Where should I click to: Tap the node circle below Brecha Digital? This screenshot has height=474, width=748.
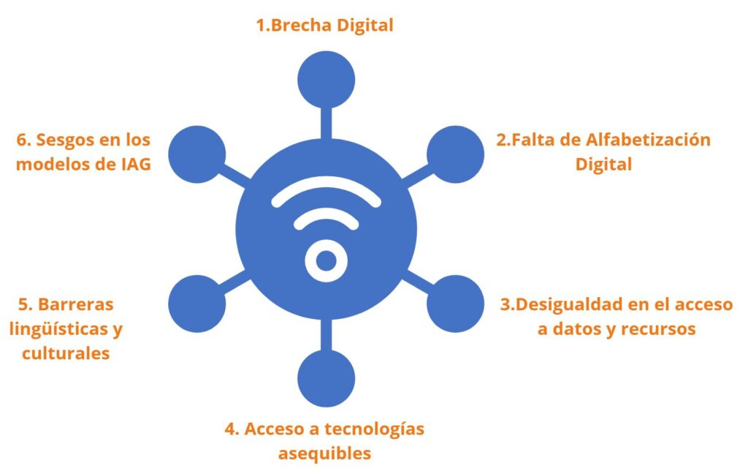click(327, 79)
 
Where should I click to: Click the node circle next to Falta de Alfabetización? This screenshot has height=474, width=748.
click(455, 154)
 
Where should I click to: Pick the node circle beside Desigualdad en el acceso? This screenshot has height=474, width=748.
click(455, 304)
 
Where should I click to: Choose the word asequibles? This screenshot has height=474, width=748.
click(324, 454)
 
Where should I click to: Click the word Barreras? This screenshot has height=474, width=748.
click(75, 304)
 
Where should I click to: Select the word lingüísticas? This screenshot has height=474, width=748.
click(58, 328)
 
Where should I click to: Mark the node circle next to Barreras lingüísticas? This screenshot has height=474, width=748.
click(197, 304)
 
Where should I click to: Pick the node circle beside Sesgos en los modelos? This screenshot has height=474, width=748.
click(197, 154)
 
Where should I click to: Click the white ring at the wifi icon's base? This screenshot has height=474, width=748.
click(326, 260)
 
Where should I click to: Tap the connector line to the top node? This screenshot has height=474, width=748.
click(327, 121)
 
